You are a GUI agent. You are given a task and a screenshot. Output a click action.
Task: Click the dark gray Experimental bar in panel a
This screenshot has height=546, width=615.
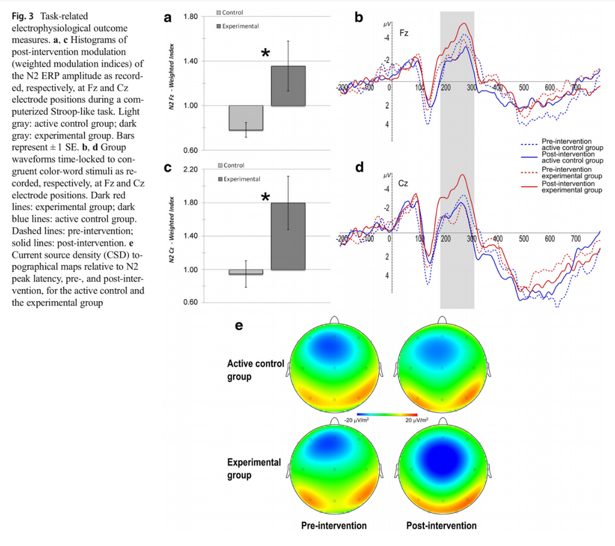pos(288,86)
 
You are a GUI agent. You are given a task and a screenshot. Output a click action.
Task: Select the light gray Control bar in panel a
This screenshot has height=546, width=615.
pos(246,118)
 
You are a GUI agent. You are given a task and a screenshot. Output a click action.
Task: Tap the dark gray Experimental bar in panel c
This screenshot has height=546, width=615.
pos(288,236)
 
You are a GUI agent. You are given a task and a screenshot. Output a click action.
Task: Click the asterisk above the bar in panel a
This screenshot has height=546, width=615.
pos(265,53)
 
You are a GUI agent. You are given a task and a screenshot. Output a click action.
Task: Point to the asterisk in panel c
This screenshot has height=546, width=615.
pos(265,197)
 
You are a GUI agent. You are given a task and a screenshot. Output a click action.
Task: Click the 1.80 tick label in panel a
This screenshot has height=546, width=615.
pos(190,16)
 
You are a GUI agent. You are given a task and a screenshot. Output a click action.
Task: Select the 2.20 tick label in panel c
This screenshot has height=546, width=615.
pos(190,169)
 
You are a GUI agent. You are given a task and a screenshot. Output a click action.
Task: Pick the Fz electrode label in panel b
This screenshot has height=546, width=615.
pos(404,34)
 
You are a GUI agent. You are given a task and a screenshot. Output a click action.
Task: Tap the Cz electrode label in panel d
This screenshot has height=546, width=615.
pos(403,184)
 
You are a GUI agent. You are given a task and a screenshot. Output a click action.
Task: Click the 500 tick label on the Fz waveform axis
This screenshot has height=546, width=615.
pos(524,88)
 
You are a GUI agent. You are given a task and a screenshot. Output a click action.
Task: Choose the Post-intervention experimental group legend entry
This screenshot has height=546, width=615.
pos(562,187)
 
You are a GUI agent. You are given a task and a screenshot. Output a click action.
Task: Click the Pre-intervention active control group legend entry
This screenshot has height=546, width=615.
pos(562,145)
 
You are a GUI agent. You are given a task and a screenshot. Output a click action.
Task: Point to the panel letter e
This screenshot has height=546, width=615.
pos(239,326)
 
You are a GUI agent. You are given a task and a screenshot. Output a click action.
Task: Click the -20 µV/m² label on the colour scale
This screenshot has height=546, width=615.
pos(356,420)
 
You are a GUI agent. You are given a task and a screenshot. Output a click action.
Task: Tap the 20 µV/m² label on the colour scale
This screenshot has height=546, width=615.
pos(417,420)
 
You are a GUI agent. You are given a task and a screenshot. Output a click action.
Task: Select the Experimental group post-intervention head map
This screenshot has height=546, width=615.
pos(442,469)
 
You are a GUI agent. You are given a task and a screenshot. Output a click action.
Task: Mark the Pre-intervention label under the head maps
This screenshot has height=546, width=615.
pos(334,526)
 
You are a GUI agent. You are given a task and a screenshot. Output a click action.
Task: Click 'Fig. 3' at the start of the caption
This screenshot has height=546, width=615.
pos(22,16)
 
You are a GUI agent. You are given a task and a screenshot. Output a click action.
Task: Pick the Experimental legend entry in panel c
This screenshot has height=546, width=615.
pos(239,179)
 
